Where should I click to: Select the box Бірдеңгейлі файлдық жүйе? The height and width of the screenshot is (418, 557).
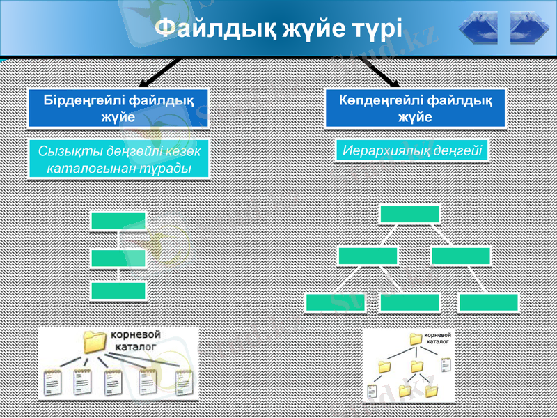pyautogui.click(x=118, y=108)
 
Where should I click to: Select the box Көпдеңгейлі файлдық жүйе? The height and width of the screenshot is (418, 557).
pyautogui.click(x=415, y=108)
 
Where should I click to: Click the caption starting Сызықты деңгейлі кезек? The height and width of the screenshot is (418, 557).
pyautogui.click(x=118, y=160)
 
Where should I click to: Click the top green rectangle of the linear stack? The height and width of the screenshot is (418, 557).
pyautogui.click(x=118, y=221)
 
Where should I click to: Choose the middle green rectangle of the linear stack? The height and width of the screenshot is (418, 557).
pyautogui.click(x=118, y=258)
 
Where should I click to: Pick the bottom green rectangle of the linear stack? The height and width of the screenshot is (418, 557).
pyautogui.click(x=118, y=291)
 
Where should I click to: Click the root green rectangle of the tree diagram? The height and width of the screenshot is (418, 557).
pyautogui.click(x=409, y=214)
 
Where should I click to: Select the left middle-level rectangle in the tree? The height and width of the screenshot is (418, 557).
pyautogui.click(x=368, y=256)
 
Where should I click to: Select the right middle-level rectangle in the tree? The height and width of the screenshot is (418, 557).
pyautogui.click(x=460, y=256)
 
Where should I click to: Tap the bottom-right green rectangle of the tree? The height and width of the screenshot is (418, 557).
pyautogui.click(x=488, y=302)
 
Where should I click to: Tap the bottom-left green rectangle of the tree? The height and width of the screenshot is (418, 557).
pyautogui.click(x=335, y=302)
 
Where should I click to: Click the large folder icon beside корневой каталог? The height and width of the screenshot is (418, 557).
pyautogui.click(x=94, y=342)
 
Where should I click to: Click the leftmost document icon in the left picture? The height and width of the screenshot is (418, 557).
pyautogui.click(x=52, y=382)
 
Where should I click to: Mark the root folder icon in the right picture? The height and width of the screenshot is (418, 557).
pyautogui.click(x=416, y=339)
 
